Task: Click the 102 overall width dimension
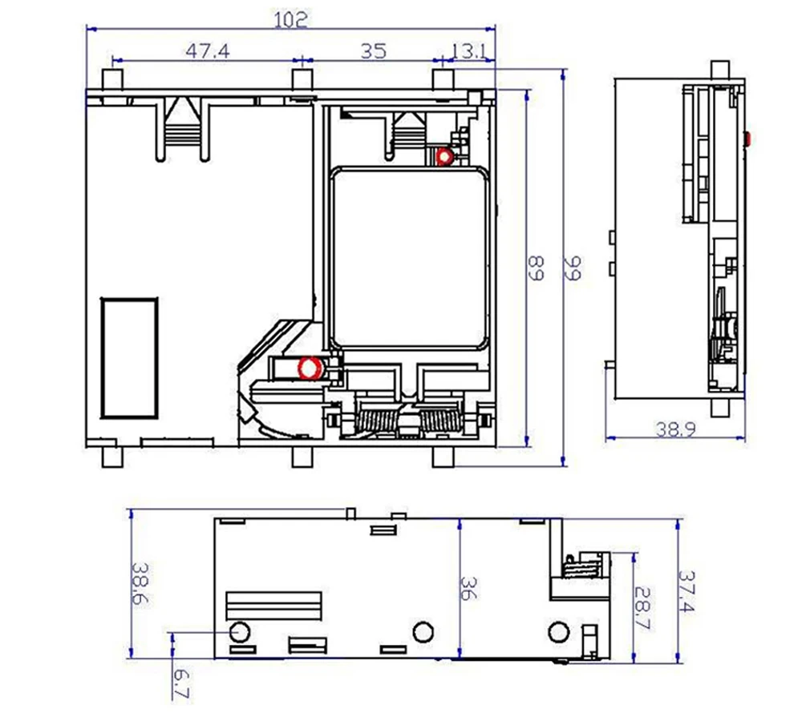click(290, 19)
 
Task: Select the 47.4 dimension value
click(208, 50)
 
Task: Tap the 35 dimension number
click(374, 51)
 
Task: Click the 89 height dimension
click(536, 268)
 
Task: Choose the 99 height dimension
click(573, 268)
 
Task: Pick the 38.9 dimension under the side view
click(675, 429)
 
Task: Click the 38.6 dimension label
click(140, 583)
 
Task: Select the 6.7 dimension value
click(181, 683)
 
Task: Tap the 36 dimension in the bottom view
click(468, 588)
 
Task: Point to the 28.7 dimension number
click(642, 607)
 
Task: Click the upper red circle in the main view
click(444, 156)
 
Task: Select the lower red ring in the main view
click(310, 368)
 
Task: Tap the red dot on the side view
click(747, 139)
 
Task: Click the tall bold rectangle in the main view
click(129, 358)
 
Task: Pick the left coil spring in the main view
click(376, 421)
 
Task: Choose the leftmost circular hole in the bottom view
click(240, 632)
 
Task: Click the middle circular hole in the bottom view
click(423, 632)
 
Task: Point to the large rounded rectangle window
click(409, 258)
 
